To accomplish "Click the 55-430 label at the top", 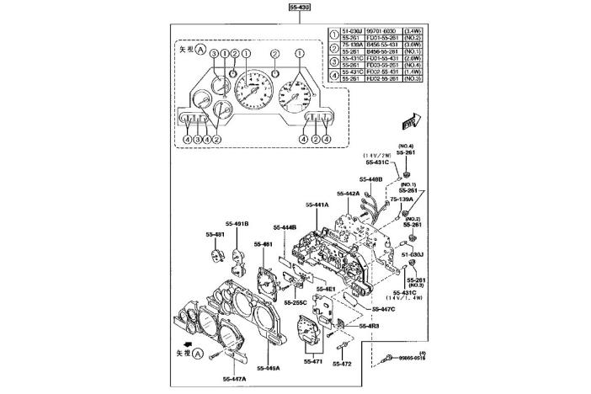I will [x=299, y=8].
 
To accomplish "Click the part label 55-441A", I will [x=317, y=205].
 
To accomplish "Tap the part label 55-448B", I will [x=370, y=179].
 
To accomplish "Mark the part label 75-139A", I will [x=412, y=200].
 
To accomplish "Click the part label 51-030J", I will [x=412, y=253].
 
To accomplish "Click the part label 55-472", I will [x=343, y=364].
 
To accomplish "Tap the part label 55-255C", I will [x=295, y=301].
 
